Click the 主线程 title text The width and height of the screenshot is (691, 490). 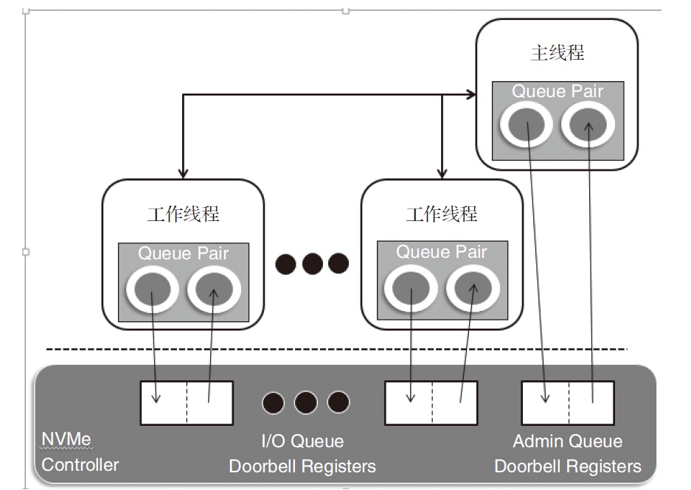[558, 53]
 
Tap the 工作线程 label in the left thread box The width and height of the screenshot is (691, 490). [183, 214]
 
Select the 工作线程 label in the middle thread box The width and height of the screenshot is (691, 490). [442, 214]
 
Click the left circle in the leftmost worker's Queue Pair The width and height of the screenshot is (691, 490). [153, 290]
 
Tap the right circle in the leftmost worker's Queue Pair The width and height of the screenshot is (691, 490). [215, 290]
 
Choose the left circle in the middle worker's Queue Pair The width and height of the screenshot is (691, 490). [411, 287]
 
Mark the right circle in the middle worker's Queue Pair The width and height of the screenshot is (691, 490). [473, 287]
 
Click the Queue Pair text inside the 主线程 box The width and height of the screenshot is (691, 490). [558, 91]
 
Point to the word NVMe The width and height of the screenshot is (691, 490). [66, 441]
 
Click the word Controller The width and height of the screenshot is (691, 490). [80, 465]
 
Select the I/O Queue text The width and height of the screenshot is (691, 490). [302, 441]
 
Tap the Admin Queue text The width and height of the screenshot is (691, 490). [568, 441]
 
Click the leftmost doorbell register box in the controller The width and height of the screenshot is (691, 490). [187, 403]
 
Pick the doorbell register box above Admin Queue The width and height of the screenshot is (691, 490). [568, 403]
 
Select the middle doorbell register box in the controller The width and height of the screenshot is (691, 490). [431, 403]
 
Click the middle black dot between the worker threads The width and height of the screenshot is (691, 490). [312, 263]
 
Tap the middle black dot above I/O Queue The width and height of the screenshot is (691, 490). [305, 403]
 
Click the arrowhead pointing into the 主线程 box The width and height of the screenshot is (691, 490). [471, 94]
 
